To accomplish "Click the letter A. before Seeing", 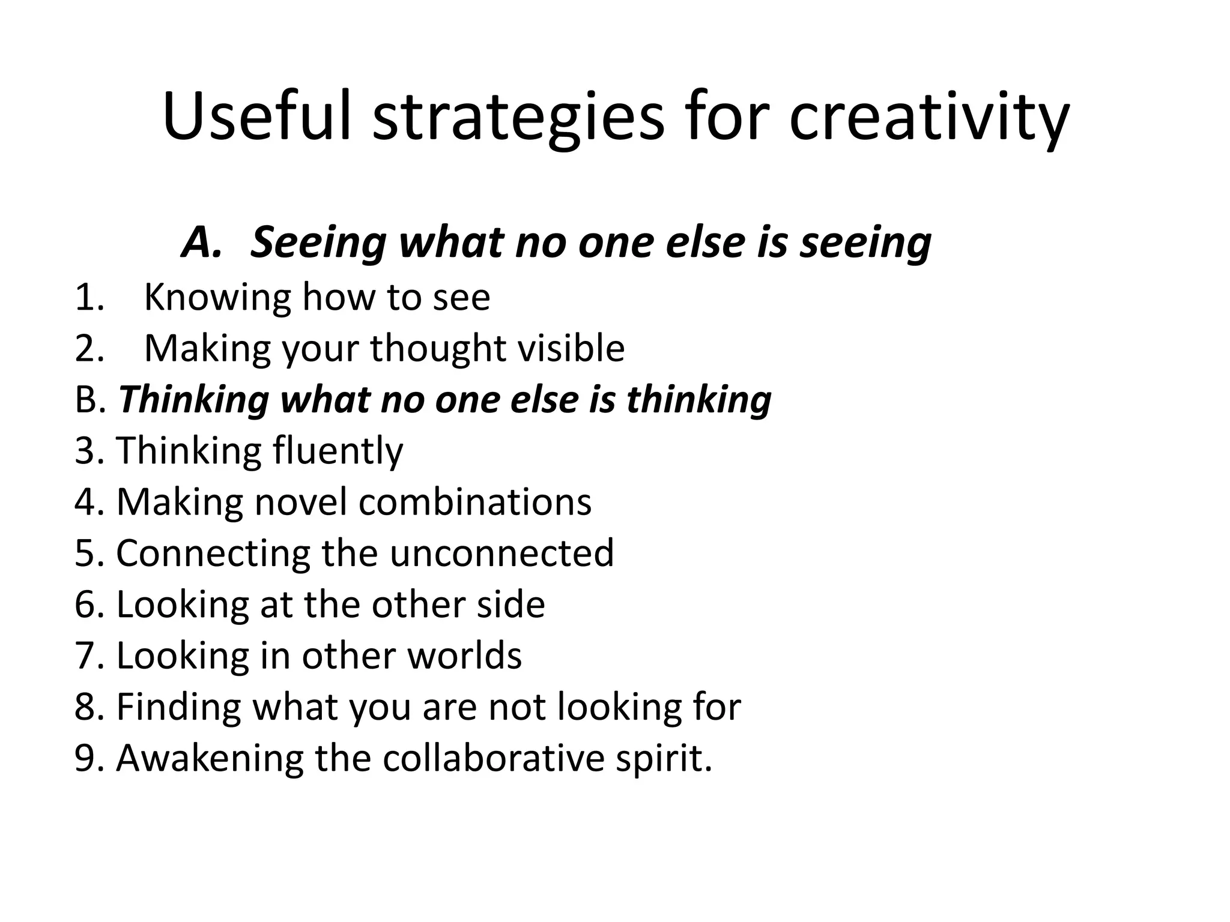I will [202, 243].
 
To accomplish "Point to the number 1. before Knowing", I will [89, 297].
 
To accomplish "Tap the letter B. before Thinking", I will [90, 400].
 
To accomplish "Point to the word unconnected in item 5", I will [501, 553].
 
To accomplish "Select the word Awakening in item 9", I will [210, 759].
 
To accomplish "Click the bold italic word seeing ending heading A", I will [865, 244].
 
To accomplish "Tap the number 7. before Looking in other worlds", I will [90, 655].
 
